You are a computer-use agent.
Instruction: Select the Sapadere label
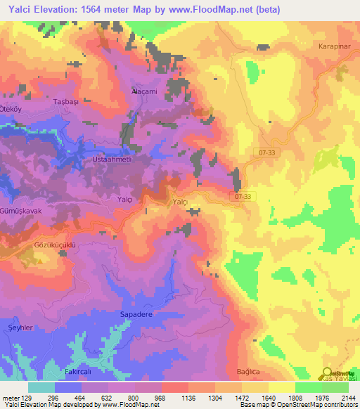tap(136, 315)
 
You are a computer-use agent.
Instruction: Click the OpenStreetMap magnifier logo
tap(327, 374)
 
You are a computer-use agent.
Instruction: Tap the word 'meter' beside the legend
tap(10, 398)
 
